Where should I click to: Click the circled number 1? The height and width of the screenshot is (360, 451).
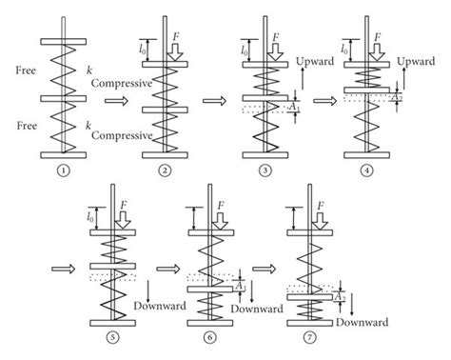click(x=65, y=170)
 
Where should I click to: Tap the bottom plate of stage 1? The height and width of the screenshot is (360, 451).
click(x=65, y=155)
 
